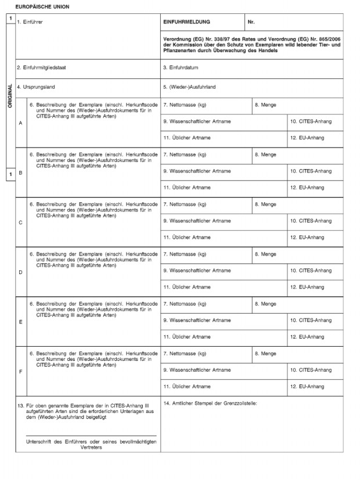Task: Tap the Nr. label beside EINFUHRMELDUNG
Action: [251, 21]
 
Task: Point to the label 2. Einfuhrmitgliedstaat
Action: [42, 67]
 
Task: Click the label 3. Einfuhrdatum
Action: [181, 67]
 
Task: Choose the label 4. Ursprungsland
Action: [36, 87]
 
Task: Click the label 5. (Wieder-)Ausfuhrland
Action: [189, 87]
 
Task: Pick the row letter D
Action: [21, 272]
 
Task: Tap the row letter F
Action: [21, 371]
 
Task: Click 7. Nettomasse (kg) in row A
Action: [185, 105]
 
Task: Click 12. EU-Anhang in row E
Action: [308, 337]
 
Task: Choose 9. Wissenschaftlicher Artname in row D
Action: [197, 271]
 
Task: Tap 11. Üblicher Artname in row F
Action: [187, 386]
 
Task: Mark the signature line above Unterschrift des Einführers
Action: [91, 436]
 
